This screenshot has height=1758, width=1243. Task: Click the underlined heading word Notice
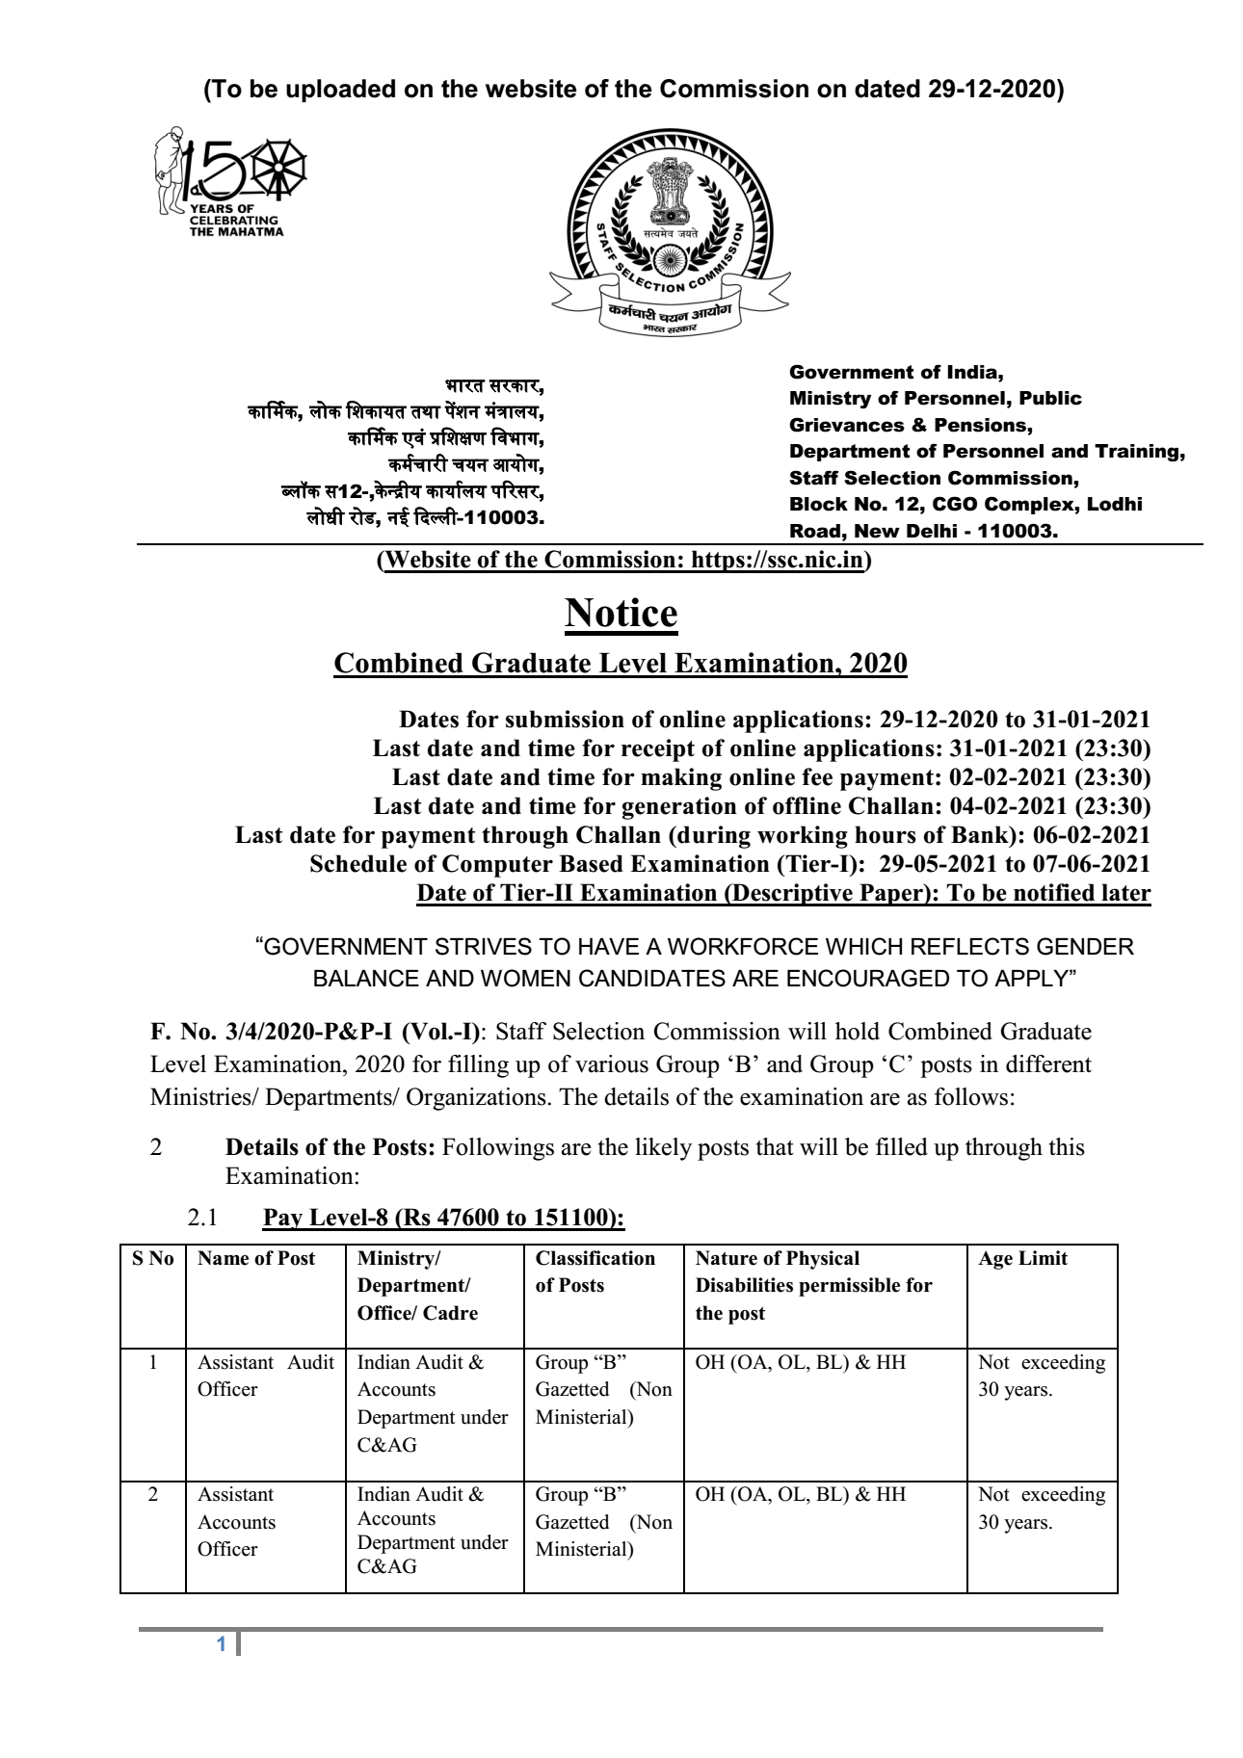pyautogui.click(x=621, y=614)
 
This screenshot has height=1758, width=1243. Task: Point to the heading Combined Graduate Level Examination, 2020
pyautogui.click(x=620, y=664)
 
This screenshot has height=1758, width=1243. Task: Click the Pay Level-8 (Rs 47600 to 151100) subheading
pyautogui.click(x=443, y=1218)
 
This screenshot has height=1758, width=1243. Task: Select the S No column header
pyautogui.click(x=152, y=1258)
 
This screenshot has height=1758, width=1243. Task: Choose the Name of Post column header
pyautogui.click(x=256, y=1258)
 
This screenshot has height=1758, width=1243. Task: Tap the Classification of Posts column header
pyautogui.click(x=595, y=1272)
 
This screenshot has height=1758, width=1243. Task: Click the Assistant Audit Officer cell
pyautogui.click(x=265, y=1376)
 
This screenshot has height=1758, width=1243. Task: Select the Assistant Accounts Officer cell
pyautogui.click(x=237, y=1522)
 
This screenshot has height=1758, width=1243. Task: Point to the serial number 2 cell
pyautogui.click(x=152, y=1494)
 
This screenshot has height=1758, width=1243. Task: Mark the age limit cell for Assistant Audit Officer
pyautogui.click(x=1042, y=1376)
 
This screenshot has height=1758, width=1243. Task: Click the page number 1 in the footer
pyautogui.click(x=222, y=1645)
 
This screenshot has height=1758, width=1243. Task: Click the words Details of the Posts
pyautogui.click(x=331, y=1147)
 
